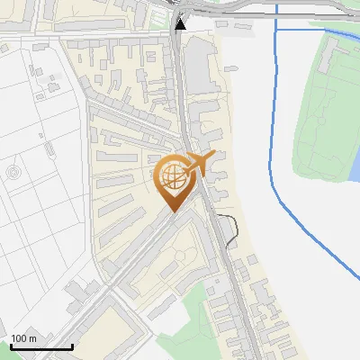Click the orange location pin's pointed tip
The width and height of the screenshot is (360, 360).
(172, 211)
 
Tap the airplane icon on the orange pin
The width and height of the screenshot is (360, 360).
(199, 163)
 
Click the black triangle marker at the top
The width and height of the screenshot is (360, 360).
(181, 23)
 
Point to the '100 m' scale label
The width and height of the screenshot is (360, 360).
(24, 338)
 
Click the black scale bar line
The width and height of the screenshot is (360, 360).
(41, 346)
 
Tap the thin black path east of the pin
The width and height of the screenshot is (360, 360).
(233, 229)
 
